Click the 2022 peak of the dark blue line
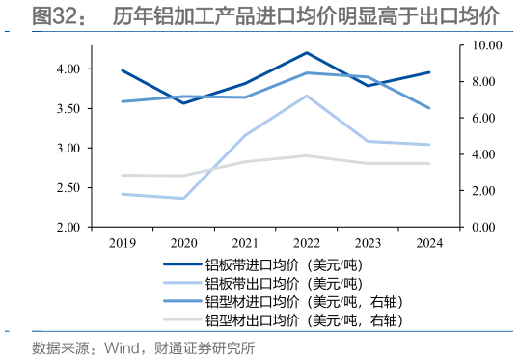pos(306,52)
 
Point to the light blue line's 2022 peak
pos(306,96)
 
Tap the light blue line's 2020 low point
pos(183,199)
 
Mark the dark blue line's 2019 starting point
pos(122,70)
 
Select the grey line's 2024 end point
pos(429,164)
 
